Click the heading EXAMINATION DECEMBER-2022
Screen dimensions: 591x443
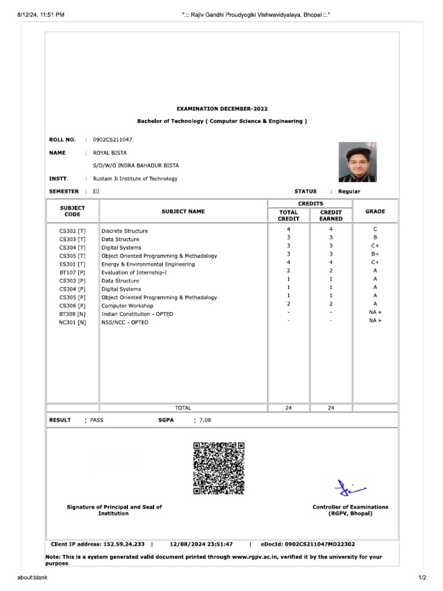222,109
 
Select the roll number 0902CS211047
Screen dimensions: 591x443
112,140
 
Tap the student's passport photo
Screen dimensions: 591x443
358,162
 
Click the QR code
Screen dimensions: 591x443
219,468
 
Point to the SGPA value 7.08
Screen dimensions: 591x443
205,420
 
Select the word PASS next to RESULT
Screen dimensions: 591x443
97,420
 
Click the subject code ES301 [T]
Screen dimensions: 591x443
72,264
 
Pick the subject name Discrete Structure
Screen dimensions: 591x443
125,231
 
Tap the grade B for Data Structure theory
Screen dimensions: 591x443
375,237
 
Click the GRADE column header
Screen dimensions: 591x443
375,212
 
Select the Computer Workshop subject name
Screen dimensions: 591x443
127,306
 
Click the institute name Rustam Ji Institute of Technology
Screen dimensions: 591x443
136,179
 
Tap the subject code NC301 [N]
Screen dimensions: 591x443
72,323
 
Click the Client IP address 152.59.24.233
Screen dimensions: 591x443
123,544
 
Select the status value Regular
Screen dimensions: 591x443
349,192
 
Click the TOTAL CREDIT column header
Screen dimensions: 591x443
288,215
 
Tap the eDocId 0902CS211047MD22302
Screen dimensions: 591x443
320,544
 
